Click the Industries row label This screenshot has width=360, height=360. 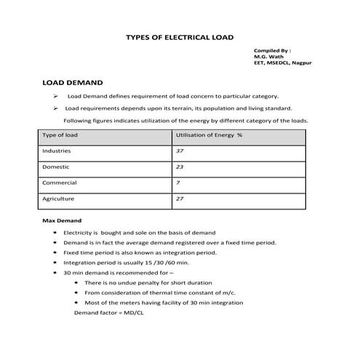click(x=57, y=151)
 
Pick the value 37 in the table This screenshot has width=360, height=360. click(x=180, y=151)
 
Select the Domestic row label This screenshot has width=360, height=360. click(x=56, y=167)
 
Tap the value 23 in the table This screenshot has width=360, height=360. click(x=180, y=167)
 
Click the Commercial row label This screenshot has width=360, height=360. click(x=60, y=182)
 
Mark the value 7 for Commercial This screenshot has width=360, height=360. click(x=178, y=182)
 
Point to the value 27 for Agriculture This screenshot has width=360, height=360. click(x=180, y=198)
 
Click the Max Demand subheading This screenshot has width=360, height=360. click(x=62, y=220)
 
